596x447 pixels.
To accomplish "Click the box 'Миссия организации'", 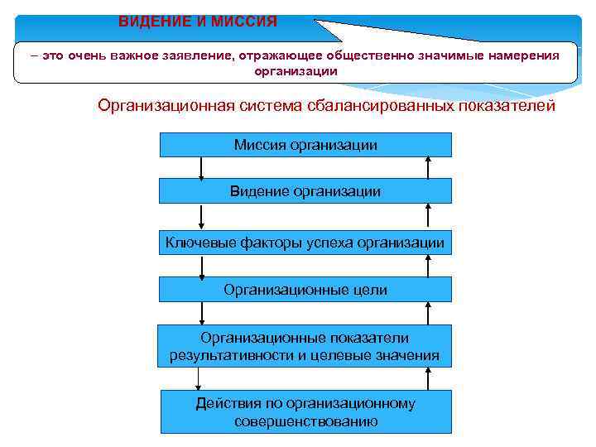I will (305, 145).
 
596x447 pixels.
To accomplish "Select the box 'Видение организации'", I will (305, 191).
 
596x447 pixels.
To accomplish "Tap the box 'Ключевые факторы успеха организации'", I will (305, 243).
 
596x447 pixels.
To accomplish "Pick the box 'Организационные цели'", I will (305, 290).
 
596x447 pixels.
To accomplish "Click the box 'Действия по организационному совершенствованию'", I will (305, 412).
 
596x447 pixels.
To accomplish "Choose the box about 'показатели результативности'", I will (305, 346).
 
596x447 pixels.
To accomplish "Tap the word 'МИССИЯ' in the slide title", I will (245, 20).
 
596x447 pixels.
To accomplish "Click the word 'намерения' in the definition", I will (521, 55).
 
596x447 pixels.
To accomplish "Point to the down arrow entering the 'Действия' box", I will (199, 379).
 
